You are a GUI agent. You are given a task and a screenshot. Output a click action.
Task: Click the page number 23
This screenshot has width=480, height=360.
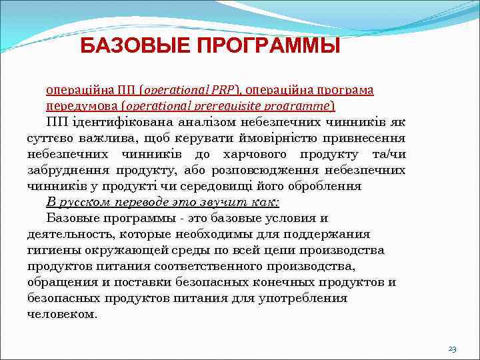(452, 349)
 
